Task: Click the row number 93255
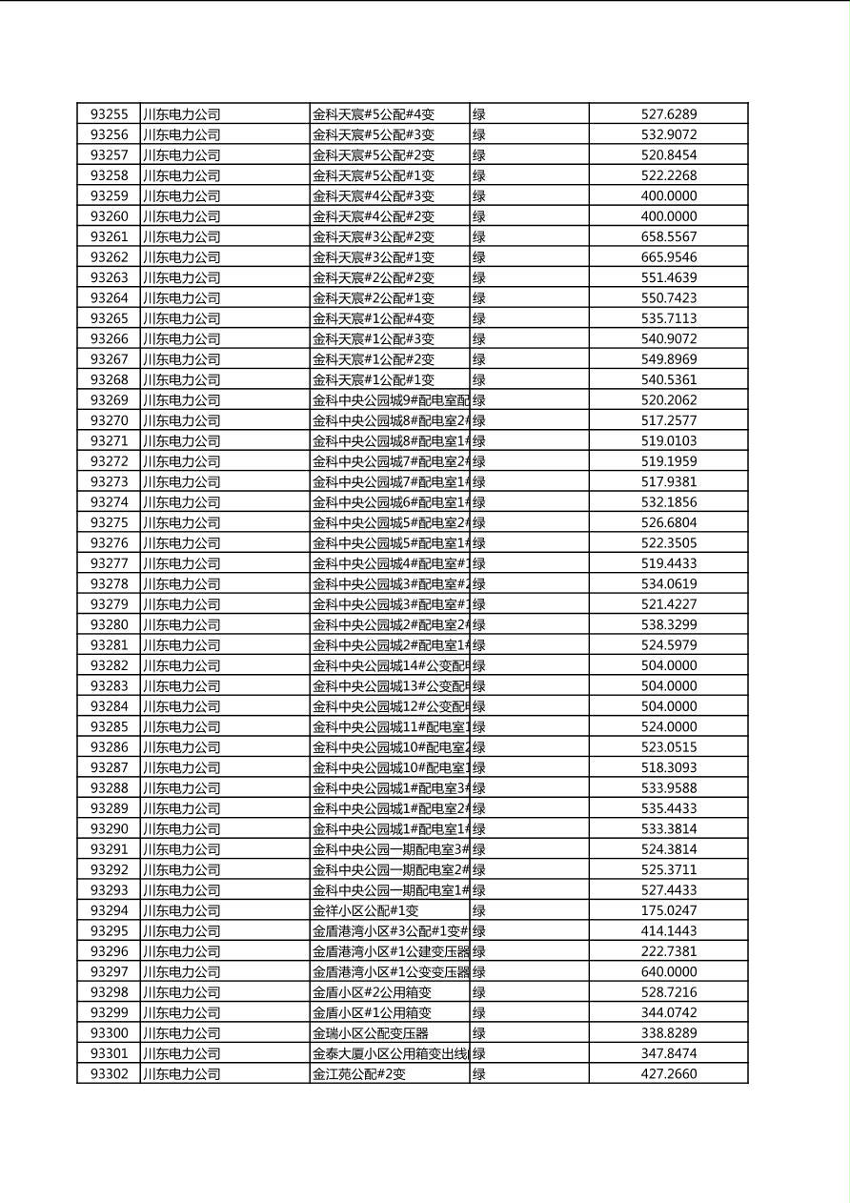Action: (109, 114)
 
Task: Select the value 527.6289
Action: (668, 114)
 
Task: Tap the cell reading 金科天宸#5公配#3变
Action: (374, 134)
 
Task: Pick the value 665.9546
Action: (668, 257)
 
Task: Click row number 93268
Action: (109, 379)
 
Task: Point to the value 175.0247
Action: (668, 910)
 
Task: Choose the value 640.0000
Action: (668, 971)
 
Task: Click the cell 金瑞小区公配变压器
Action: (371, 1032)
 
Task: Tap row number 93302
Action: (109, 1073)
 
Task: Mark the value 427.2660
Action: (668, 1073)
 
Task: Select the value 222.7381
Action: (668, 951)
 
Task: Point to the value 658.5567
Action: (668, 236)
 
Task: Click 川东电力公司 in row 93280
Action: (181, 624)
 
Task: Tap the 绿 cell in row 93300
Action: (479, 1032)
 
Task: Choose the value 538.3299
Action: (668, 624)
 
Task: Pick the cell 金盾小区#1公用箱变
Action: (372, 1012)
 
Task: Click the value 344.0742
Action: (668, 1012)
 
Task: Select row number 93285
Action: (109, 726)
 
